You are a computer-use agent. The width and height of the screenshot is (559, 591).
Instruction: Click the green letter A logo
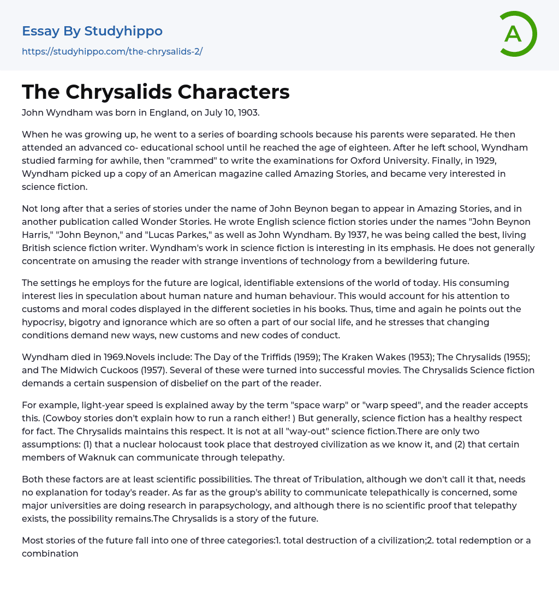pyautogui.click(x=518, y=34)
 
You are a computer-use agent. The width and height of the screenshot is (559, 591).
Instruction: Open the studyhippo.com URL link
pyautogui.click(x=112, y=52)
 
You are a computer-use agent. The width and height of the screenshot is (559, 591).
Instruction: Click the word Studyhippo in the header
pyautogui.click(x=123, y=31)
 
